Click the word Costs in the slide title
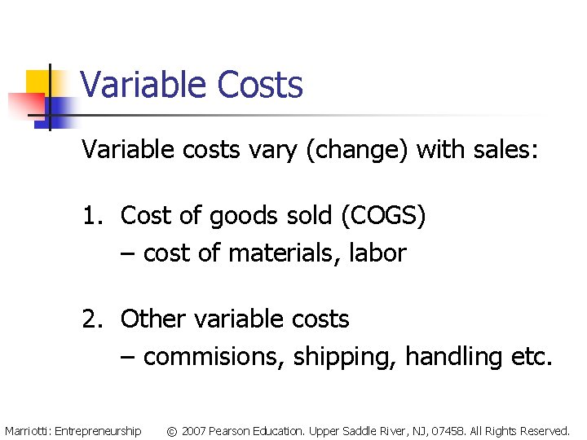click(259, 85)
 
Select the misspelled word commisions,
click(214, 357)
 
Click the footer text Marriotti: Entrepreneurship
click(73, 430)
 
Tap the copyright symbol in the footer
click(172, 430)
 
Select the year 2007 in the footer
click(194, 430)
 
